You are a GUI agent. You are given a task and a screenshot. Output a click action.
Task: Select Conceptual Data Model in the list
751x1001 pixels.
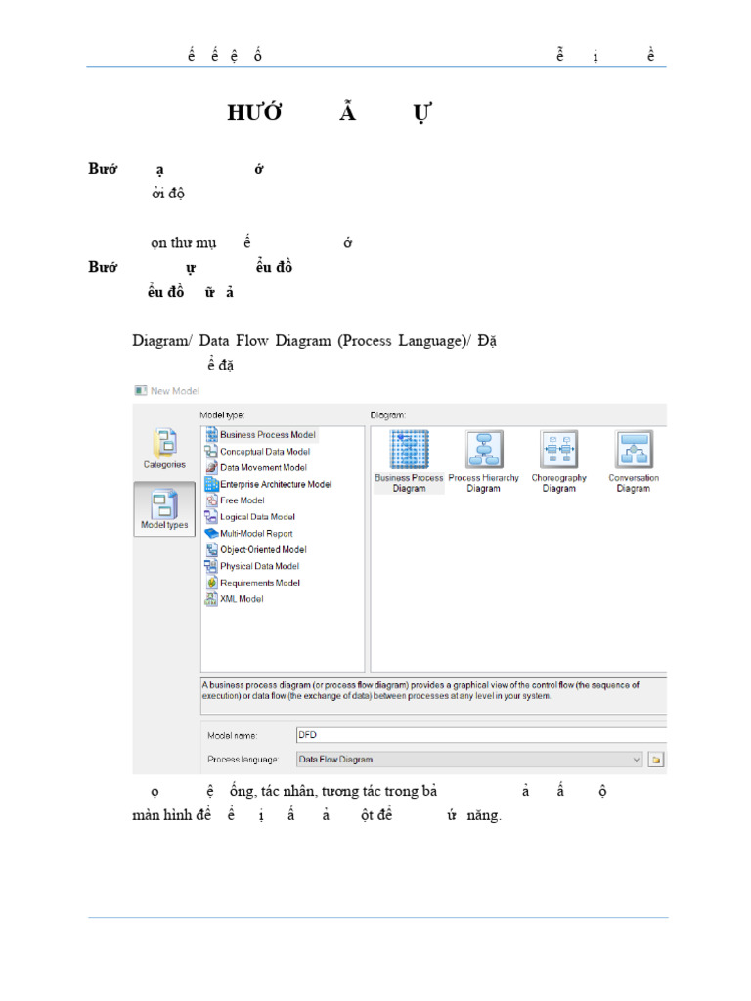pyautogui.click(x=264, y=452)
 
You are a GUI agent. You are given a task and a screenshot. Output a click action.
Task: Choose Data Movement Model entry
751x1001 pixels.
pyautogui.click(x=263, y=468)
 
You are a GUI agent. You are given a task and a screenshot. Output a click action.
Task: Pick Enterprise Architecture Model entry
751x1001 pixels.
pyautogui.click(x=275, y=484)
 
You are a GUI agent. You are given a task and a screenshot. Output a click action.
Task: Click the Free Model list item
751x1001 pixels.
pyautogui.click(x=242, y=500)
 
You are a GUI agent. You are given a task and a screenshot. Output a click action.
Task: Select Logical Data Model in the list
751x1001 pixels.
pyautogui.click(x=257, y=517)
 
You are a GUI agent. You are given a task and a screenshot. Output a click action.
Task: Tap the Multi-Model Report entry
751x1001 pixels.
pyautogui.click(x=255, y=534)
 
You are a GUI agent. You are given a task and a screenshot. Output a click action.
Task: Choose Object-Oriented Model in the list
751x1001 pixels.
pyautogui.click(x=262, y=549)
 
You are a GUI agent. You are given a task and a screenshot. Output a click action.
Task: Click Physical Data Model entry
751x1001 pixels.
pyautogui.click(x=259, y=566)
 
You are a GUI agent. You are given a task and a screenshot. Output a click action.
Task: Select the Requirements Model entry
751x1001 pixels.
pyautogui.click(x=259, y=583)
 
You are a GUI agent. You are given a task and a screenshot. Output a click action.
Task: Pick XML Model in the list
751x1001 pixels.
pyautogui.click(x=241, y=599)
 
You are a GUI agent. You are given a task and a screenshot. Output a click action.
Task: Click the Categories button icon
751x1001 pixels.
pyautogui.click(x=164, y=446)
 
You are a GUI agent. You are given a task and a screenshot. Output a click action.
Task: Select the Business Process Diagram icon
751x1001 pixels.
pyautogui.click(x=409, y=451)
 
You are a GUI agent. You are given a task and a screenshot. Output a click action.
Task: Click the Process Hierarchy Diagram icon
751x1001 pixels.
pyautogui.click(x=483, y=451)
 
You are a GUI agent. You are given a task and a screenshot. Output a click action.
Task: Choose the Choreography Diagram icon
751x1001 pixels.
pyautogui.click(x=558, y=451)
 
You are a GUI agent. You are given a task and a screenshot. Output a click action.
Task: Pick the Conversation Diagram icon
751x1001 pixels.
pyautogui.click(x=633, y=451)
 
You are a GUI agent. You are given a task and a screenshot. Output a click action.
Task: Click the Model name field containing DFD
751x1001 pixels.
pyautogui.click(x=479, y=733)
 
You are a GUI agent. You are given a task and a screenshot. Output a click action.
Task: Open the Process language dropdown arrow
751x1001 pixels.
pyautogui.click(x=637, y=759)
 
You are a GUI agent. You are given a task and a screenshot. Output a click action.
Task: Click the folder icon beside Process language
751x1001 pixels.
pyautogui.click(x=657, y=759)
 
